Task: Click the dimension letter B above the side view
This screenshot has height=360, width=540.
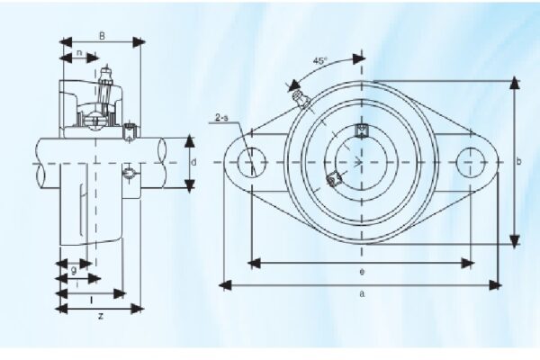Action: point(102,37)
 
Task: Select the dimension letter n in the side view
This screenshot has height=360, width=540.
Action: point(80,53)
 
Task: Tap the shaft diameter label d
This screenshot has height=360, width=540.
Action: point(193,162)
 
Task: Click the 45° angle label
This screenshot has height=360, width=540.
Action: point(319,61)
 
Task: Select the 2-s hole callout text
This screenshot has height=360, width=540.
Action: point(222,118)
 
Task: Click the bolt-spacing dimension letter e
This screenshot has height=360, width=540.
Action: point(360,271)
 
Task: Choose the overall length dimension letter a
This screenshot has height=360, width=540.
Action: point(361,293)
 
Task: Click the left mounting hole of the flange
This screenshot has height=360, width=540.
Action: point(251,162)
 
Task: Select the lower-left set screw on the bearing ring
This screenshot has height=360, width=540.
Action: point(334,178)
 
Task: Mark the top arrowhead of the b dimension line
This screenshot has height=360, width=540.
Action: point(514,83)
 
